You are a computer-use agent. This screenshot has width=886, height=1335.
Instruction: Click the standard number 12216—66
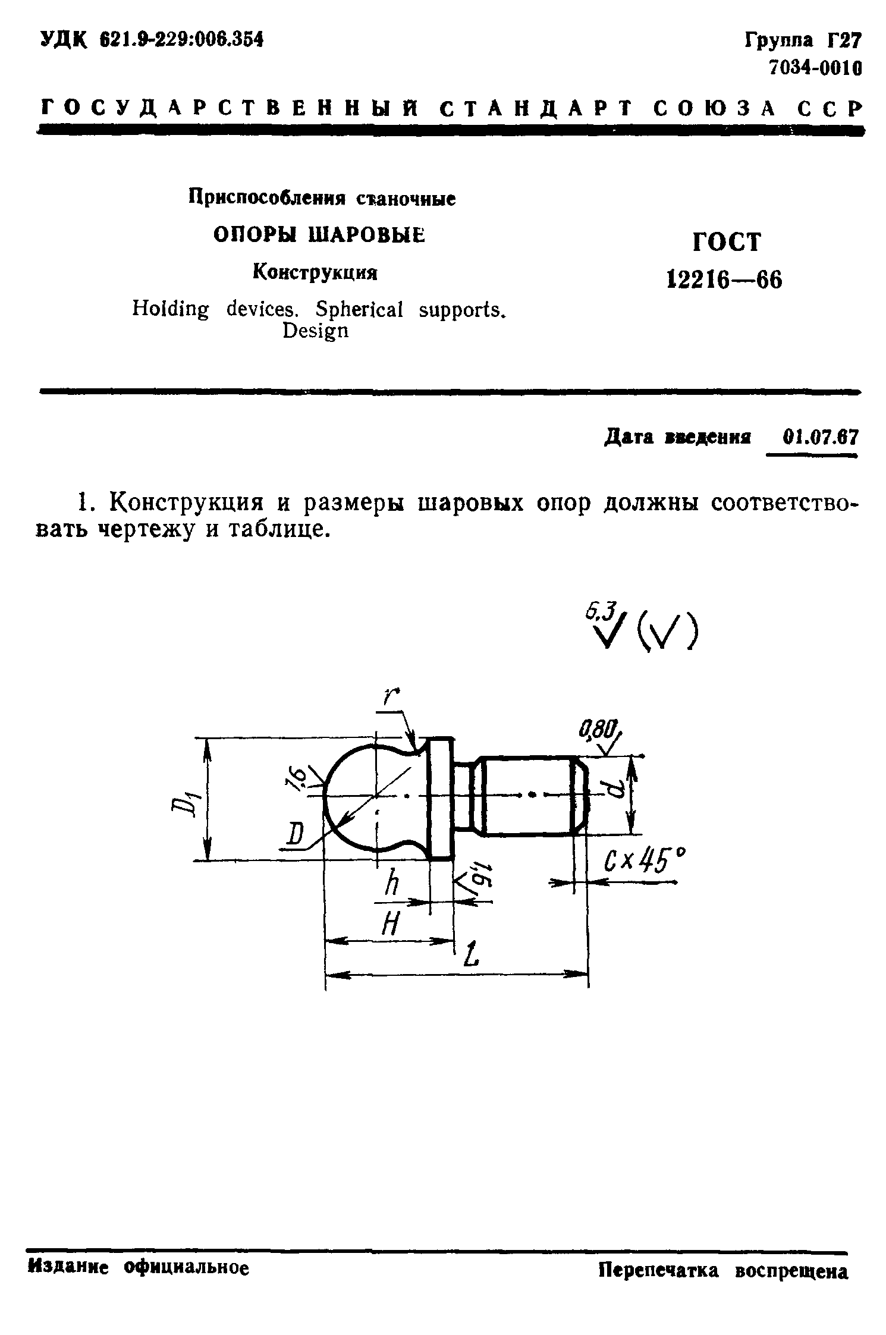coord(724,279)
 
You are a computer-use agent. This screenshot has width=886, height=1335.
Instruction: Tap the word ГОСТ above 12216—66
coord(726,242)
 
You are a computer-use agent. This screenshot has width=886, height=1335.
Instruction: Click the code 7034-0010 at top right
coord(815,68)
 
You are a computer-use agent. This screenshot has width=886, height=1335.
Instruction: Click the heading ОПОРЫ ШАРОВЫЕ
coord(320,235)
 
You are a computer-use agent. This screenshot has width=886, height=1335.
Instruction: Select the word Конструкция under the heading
coord(316,272)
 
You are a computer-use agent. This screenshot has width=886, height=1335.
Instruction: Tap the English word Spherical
coord(360,309)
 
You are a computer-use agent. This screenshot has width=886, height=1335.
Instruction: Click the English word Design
coord(315,331)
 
